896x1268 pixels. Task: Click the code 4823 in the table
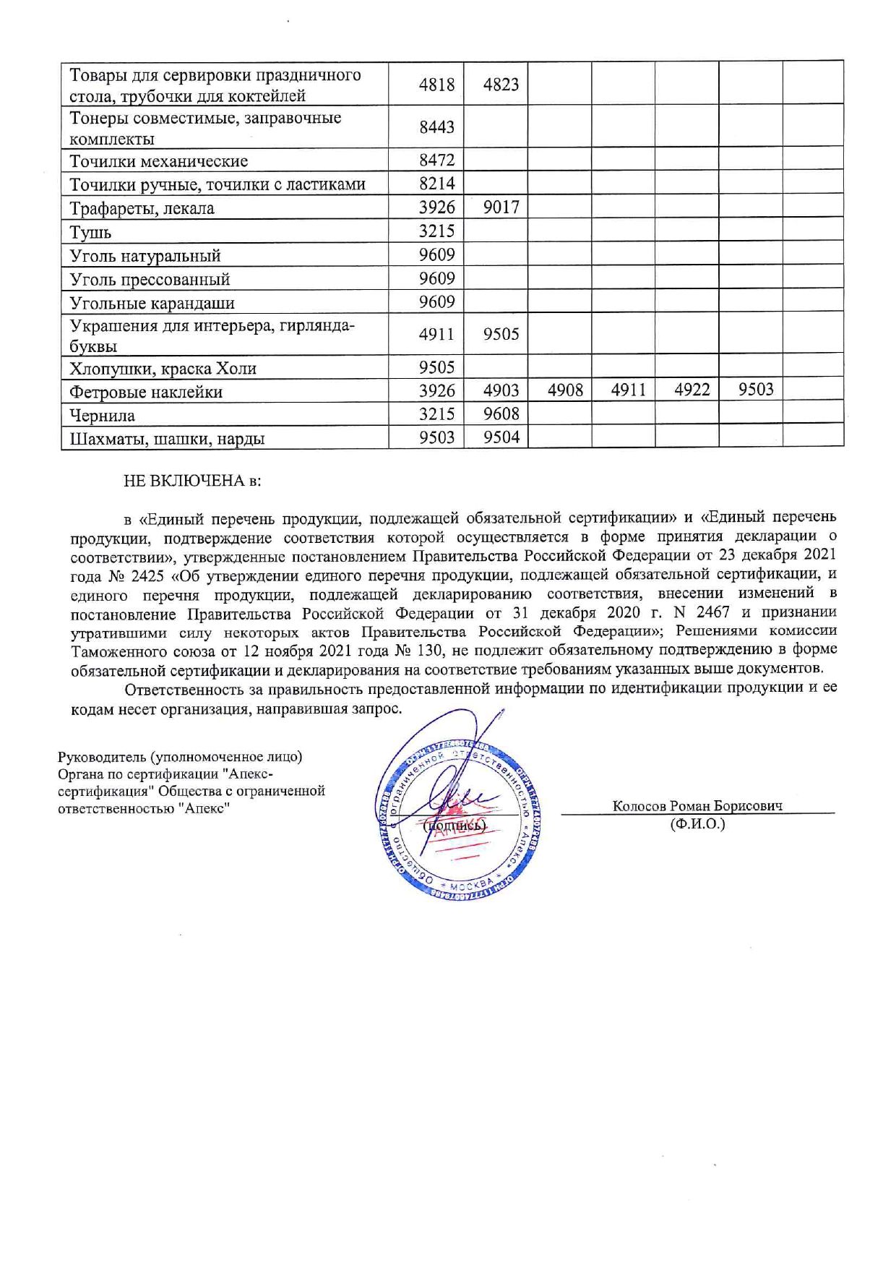[x=501, y=85]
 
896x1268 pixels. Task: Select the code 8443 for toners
[x=436, y=127]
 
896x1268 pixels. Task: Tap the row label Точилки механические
[x=158, y=161]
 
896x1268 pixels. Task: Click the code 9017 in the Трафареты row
[x=501, y=207]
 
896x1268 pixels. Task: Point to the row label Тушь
[x=90, y=233]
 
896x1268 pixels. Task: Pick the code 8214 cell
[x=436, y=184]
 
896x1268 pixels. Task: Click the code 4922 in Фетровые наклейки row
[x=692, y=390]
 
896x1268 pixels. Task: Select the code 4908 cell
[x=565, y=390]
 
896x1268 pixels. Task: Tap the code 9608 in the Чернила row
[x=501, y=414]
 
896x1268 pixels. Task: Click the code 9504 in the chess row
[x=501, y=437]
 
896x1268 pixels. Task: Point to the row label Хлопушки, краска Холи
[x=163, y=369]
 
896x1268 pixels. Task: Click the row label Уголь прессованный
[x=150, y=279]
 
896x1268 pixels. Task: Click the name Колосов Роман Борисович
[x=697, y=806]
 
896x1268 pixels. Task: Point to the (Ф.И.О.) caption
[x=697, y=823]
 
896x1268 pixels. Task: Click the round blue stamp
[x=460, y=817]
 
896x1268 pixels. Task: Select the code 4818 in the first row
[x=436, y=85]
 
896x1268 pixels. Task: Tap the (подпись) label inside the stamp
[x=455, y=825]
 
